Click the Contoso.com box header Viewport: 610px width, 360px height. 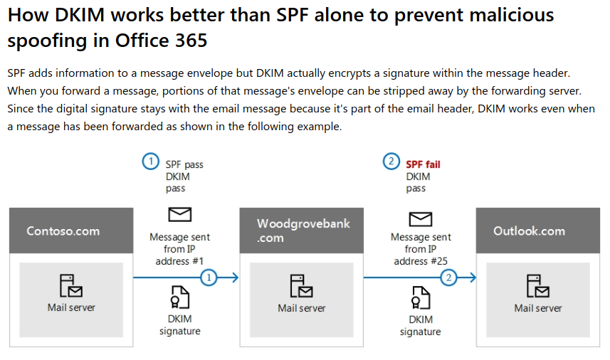(x=63, y=231)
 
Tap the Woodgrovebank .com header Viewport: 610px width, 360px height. (x=304, y=231)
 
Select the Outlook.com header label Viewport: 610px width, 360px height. (x=529, y=231)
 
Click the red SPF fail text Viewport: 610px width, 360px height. (x=423, y=164)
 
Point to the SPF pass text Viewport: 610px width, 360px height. (x=184, y=164)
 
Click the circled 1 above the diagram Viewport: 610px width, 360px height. (x=150, y=162)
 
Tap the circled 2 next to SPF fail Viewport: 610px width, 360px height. (x=391, y=162)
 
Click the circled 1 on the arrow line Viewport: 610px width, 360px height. (x=209, y=277)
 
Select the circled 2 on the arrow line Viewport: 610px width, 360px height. (x=448, y=277)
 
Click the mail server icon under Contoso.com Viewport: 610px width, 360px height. (x=70, y=286)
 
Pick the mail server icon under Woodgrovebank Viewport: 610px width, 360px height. (x=302, y=286)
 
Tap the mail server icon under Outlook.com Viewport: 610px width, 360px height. (x=538, y=286)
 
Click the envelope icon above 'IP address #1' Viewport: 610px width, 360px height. (x=179, y=214)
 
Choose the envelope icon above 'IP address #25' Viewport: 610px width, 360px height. (x=421, y=218)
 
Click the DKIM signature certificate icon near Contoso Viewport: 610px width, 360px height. (x=179, y=296)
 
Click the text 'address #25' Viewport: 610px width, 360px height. (x=421, y=261)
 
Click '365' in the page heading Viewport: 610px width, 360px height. (x=191, y=41)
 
